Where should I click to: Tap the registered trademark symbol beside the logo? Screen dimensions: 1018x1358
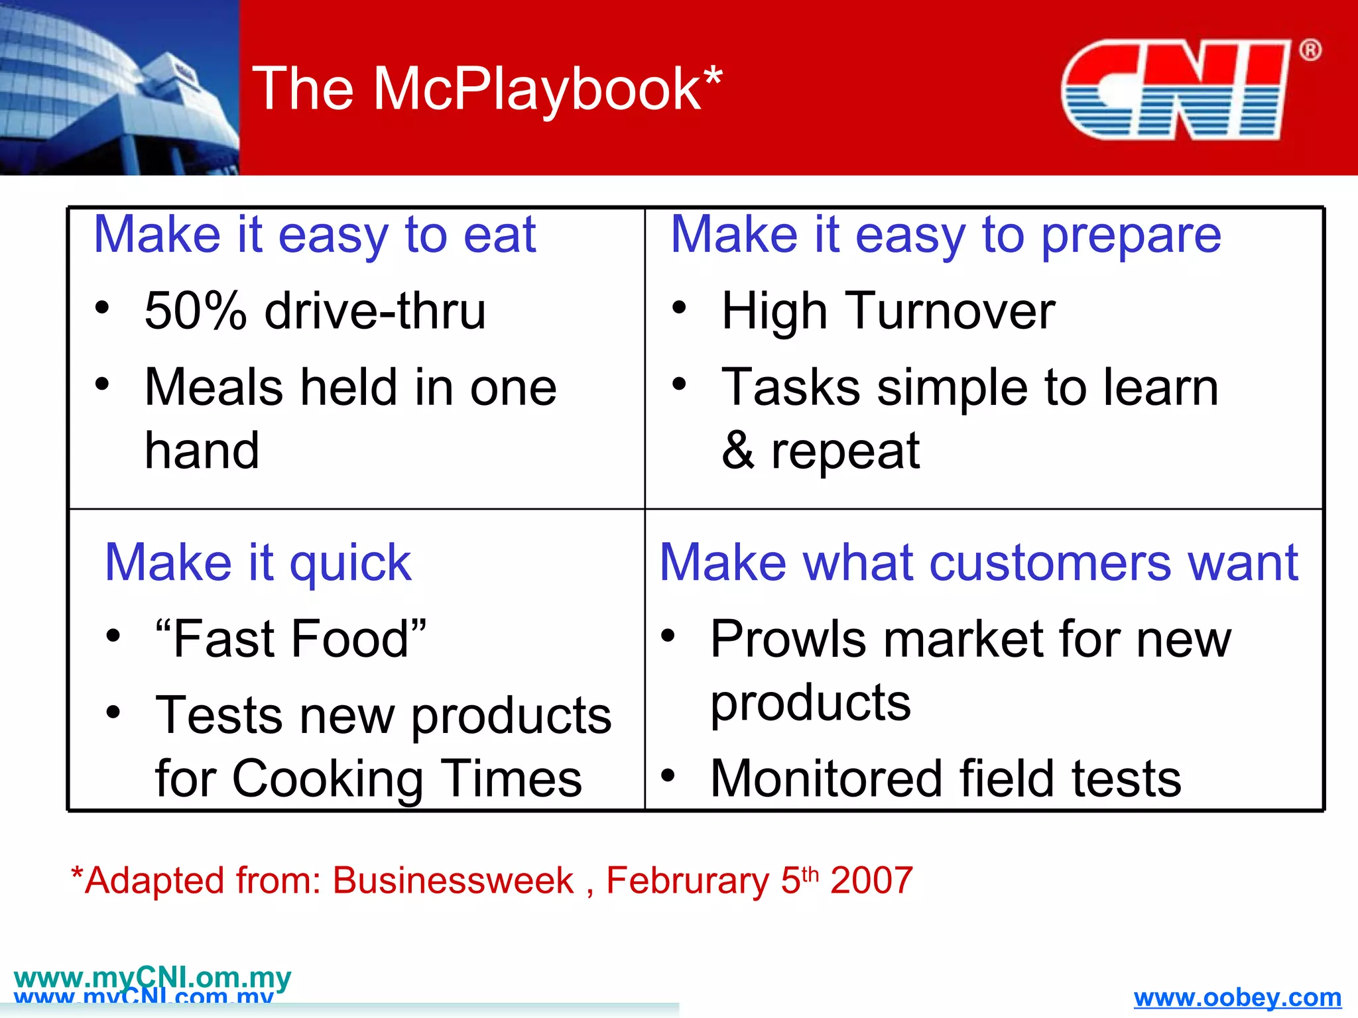tap(1310, 50)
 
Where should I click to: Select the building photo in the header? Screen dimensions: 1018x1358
tap(119, 87)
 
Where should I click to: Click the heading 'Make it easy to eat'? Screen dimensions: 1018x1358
tap(314, 235)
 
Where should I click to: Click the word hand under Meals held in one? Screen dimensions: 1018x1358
tap(202, 451)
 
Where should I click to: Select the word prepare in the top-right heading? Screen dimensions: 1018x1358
tap(1131, 236)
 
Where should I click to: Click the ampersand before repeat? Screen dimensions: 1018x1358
tap(737, 451)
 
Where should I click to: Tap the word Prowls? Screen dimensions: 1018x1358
tap(788, 639)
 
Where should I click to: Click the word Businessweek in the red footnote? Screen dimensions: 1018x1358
tap(453, 881)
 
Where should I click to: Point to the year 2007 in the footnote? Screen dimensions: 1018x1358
tap(871, 881)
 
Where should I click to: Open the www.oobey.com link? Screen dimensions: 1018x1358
tap(1237, 997)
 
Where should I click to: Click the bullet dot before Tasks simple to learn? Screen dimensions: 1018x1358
tap(678, 384)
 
